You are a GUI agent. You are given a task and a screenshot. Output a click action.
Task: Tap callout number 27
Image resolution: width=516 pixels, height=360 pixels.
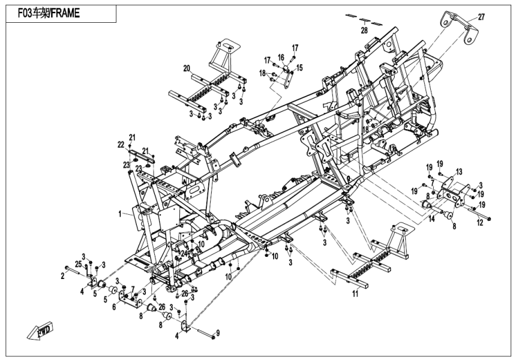pos(481,17)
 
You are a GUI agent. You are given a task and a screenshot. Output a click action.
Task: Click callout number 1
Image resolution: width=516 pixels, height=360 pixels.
pos(119,213)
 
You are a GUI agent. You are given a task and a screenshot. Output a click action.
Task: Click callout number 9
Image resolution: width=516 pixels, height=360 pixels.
pos(218,332)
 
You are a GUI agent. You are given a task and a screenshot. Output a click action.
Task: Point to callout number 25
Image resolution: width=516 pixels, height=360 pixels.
pos(78,265)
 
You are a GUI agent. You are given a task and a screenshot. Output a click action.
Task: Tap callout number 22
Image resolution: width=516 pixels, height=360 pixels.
pos(120,145)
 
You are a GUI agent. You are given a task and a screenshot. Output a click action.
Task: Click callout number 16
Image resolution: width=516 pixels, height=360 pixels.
pos(281,57)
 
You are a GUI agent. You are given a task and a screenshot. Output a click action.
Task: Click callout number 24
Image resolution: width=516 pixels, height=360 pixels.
pos(183,252)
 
